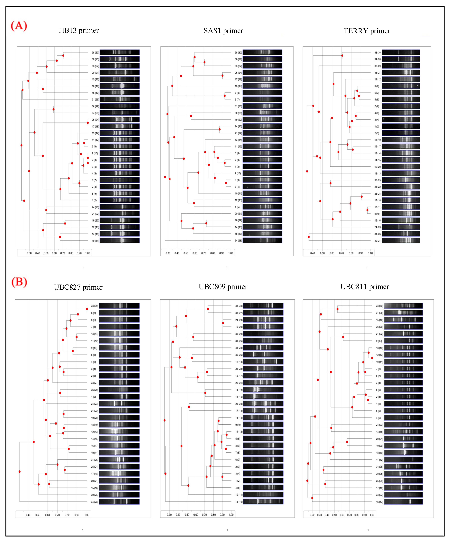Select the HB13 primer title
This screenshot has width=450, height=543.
pyautogui.click(x=79, y=31)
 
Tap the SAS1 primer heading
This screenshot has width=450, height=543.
pyautogui.click(x=223, y=31)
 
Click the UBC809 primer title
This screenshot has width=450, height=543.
pyautogui.click(x=223, y=287)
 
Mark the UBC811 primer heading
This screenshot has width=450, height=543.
pyautogui.click(x=365, y=287)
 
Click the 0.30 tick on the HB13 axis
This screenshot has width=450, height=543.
pyautogui.click(x=29, y=253)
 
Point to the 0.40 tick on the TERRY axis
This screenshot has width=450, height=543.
pyautogui.click(x=313, y=253)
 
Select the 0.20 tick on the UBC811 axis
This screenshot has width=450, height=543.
pyautogui.click(x=312, y=515)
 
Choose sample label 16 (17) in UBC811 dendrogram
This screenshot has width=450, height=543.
pyautogui.click(x=379, y=502)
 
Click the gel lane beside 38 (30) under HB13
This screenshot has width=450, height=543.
pyautogui.click(x=120, y=52)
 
